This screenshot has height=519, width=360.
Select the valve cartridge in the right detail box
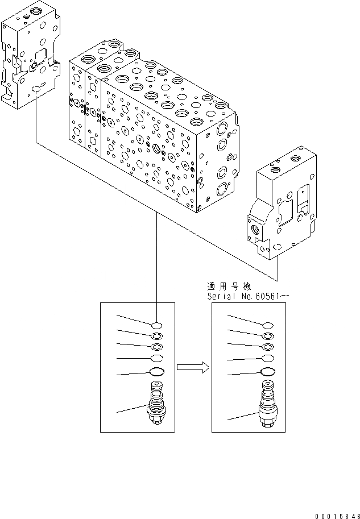point(267,405)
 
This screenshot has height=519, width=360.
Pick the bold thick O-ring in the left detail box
point(156,372)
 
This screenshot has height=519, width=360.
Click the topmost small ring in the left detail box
point(157,325)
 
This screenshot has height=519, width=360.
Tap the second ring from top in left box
point(157,336)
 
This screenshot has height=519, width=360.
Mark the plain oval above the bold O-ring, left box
point(157,358)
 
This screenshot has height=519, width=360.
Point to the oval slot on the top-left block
point(37,88)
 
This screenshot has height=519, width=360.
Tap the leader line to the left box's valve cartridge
point(131,410)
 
